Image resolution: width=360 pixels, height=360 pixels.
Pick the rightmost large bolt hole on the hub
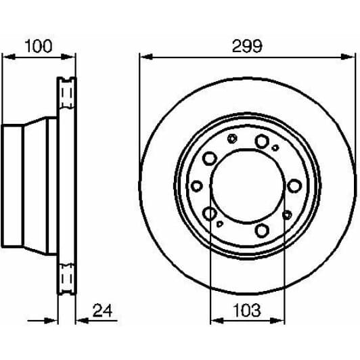tap(293, 185)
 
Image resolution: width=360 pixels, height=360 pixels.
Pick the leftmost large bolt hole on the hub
tap(197, 185)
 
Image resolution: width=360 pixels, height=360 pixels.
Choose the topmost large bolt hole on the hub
tap(261, 141)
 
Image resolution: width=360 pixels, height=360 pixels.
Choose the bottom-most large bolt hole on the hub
tap(262, 231)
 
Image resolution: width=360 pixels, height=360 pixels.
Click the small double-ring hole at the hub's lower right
tap(287, 215)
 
